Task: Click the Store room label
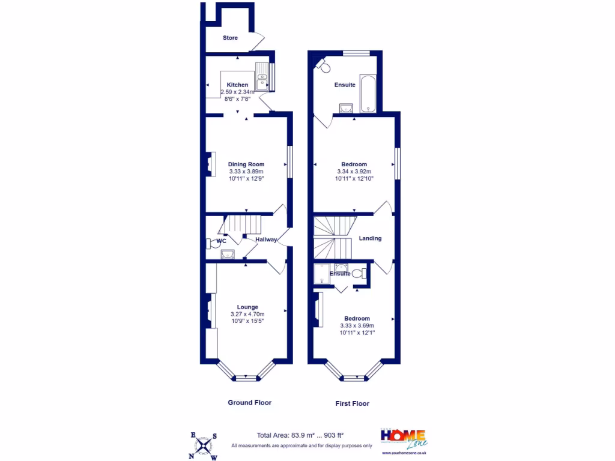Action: coord(230,38)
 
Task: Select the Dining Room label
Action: coord(246,164)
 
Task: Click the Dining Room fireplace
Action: coord(210,164)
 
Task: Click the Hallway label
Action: coord(266,240)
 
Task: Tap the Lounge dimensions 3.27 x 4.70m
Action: coord(247,314)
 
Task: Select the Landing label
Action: coord(370,238)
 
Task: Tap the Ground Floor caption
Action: coord(249,402)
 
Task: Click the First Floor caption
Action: coord(352,403)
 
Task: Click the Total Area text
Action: coord(300,435)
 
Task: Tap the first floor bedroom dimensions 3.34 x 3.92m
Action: coord(354,171)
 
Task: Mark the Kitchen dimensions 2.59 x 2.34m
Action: coord(237,92)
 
